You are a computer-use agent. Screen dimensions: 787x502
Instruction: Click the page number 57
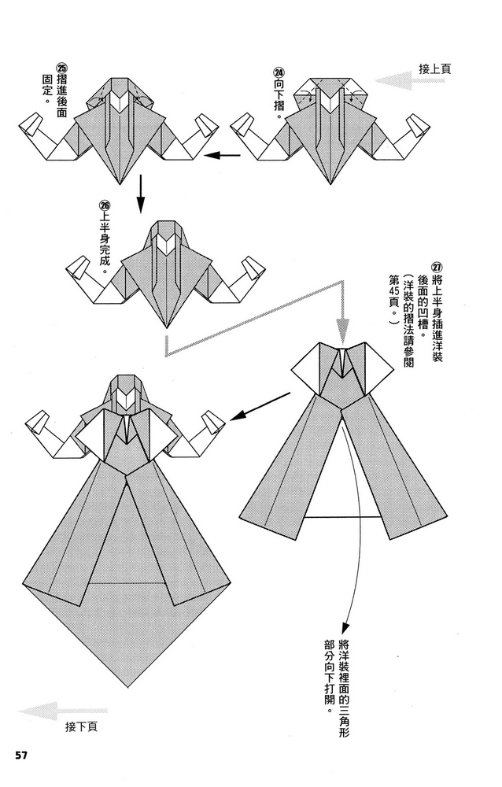pos(21,756)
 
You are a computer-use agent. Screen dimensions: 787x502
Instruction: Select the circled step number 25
pos(62,68)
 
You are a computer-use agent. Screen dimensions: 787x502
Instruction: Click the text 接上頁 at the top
pos(435,69)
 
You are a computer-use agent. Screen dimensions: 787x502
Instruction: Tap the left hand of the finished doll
pos(35,425)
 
